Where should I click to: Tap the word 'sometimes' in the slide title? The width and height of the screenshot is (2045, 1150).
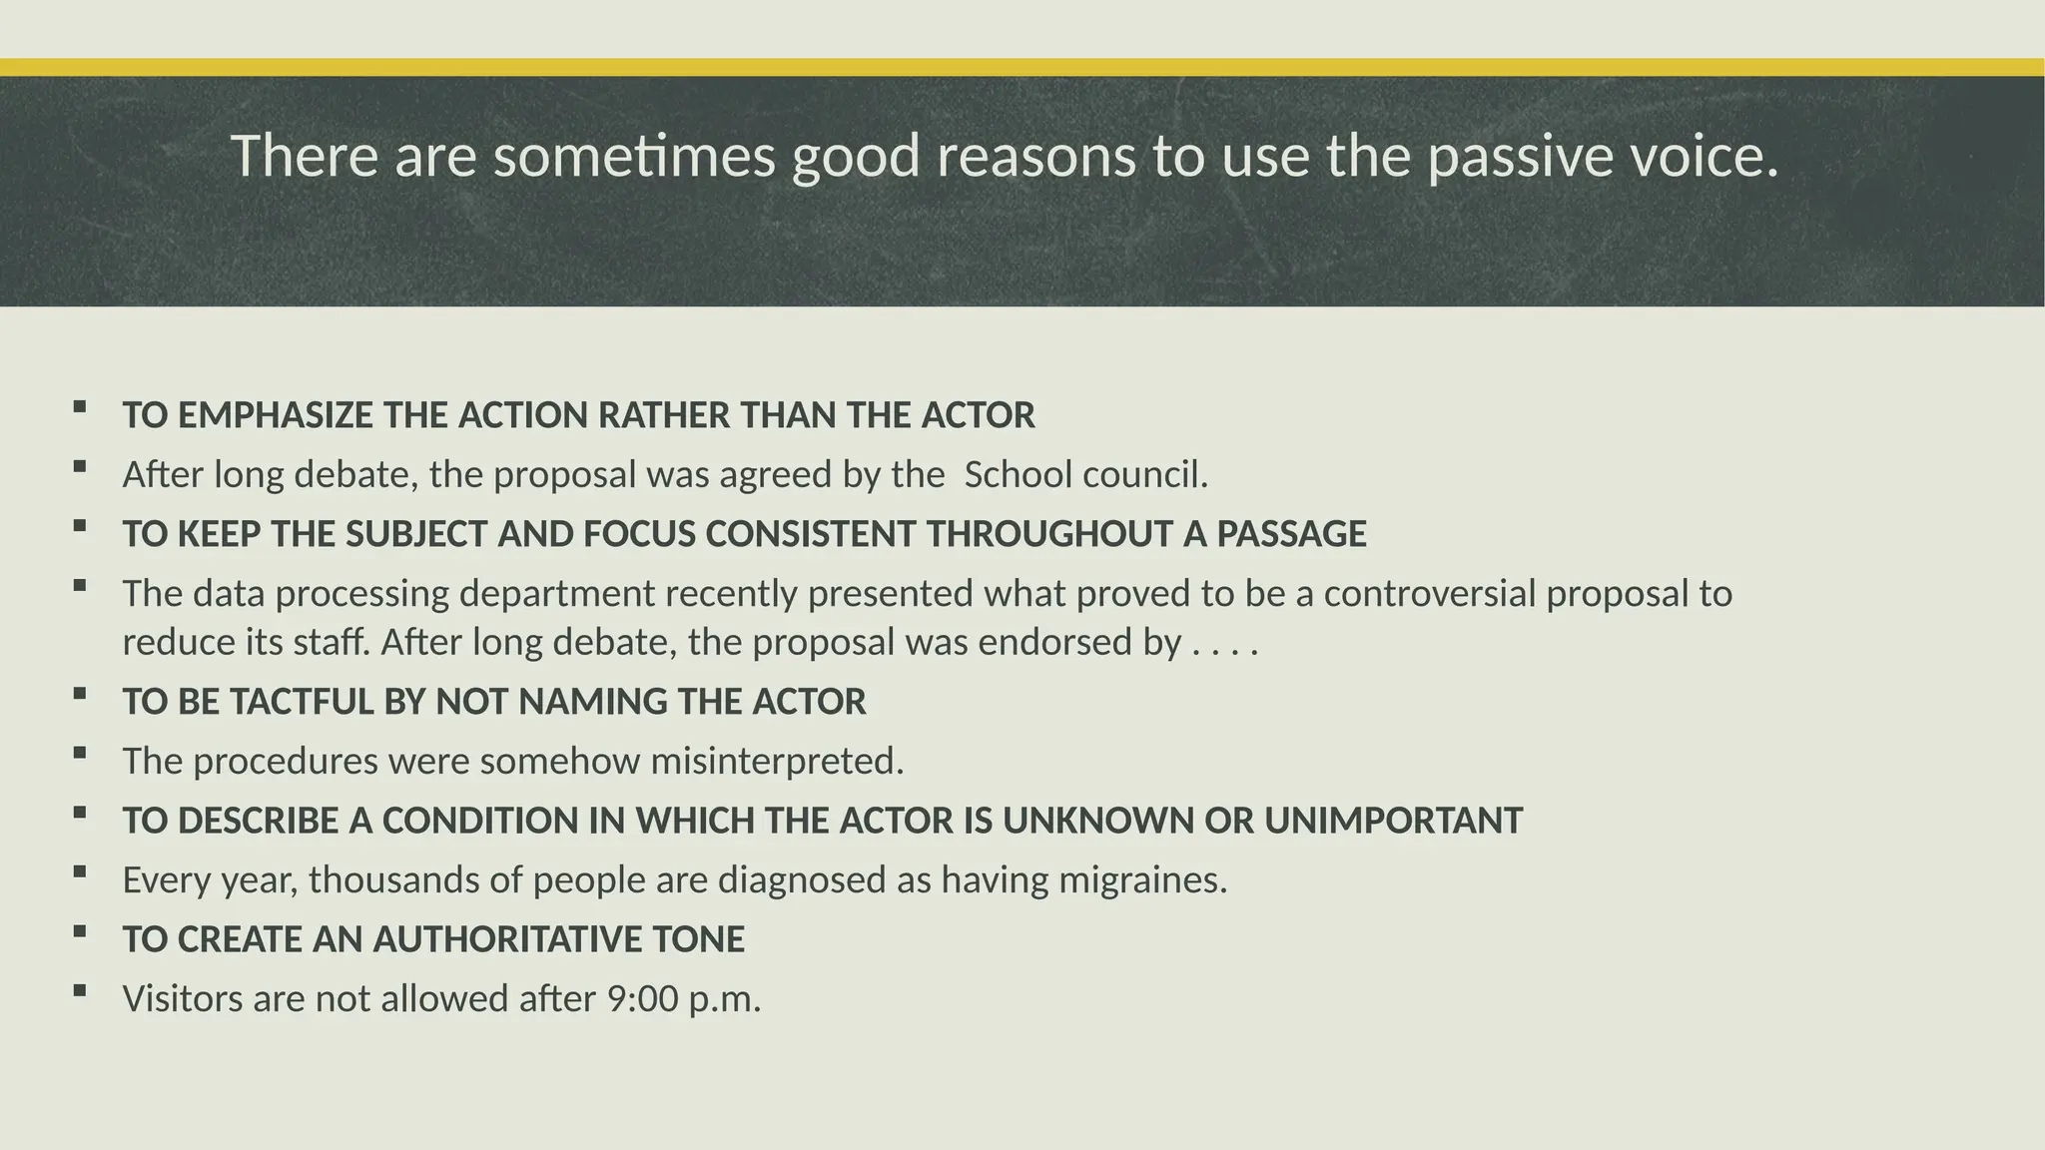coord(634,157)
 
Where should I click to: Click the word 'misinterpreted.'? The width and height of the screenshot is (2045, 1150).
coord(777,762)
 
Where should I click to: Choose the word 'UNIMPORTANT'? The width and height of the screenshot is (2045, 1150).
coord(1393,821)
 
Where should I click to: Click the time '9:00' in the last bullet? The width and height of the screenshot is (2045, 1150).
coord(642,999)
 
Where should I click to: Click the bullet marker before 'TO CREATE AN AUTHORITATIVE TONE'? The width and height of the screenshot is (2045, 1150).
coord(80,931)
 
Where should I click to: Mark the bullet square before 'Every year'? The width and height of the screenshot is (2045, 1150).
coord(80,871)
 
